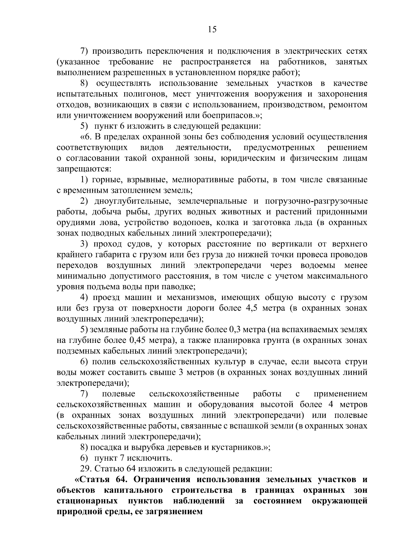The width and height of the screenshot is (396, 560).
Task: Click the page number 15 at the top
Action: [212, 30]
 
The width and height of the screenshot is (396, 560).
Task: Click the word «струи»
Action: [358, 362]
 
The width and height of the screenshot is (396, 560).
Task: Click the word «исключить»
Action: [155, 458]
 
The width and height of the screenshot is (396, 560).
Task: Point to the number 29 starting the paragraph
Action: [85, 469]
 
